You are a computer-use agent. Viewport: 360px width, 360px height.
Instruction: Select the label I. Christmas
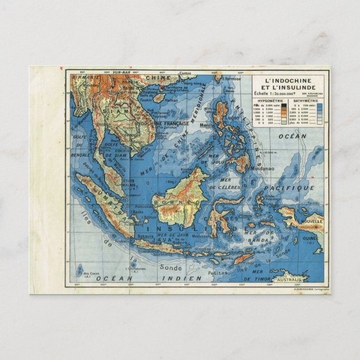136,268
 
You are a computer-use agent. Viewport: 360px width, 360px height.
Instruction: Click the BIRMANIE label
87,76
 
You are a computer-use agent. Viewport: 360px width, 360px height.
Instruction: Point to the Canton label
186,73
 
